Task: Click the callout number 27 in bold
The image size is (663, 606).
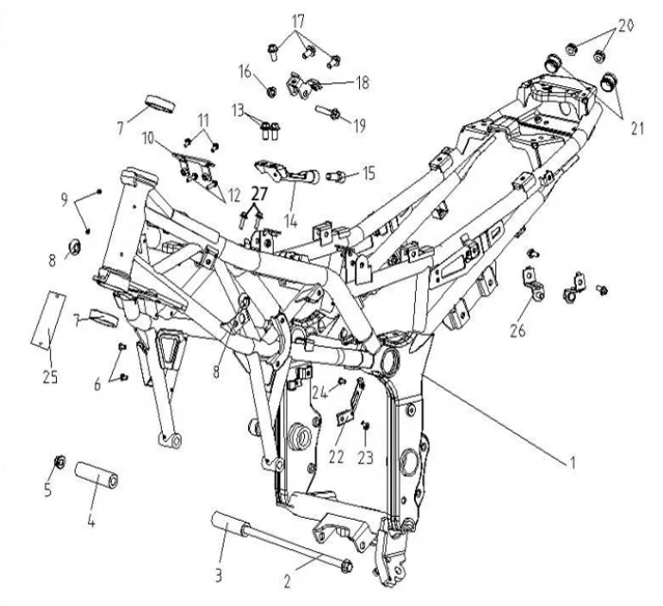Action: click(260, 194)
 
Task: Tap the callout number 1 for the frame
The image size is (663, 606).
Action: click(572, 463)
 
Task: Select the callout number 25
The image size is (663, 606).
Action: click(50, 376)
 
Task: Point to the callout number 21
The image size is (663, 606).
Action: click(636, 128)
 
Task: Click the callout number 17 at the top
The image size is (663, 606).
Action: click(297, 21)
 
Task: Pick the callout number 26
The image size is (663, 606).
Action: click(517, 330)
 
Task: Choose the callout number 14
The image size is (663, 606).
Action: click(291, 220)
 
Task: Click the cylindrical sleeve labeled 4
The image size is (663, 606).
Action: click(97, 475)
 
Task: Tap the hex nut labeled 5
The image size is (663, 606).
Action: click(60, 462)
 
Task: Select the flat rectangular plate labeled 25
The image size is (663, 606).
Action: click(48, 321)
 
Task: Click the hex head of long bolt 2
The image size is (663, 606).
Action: click(347, 565)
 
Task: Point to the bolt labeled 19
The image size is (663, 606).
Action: click(329, 112)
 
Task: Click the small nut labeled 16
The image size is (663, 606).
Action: click(272, 91)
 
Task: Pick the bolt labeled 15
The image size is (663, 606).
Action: click(336, 175)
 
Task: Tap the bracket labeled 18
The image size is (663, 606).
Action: click(303, 85)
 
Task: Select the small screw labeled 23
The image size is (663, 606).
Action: click(365, 424)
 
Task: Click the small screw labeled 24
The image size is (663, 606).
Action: click(343, 381)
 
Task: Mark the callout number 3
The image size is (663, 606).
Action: click(218, 575)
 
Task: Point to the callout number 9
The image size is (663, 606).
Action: click(64, 199)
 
